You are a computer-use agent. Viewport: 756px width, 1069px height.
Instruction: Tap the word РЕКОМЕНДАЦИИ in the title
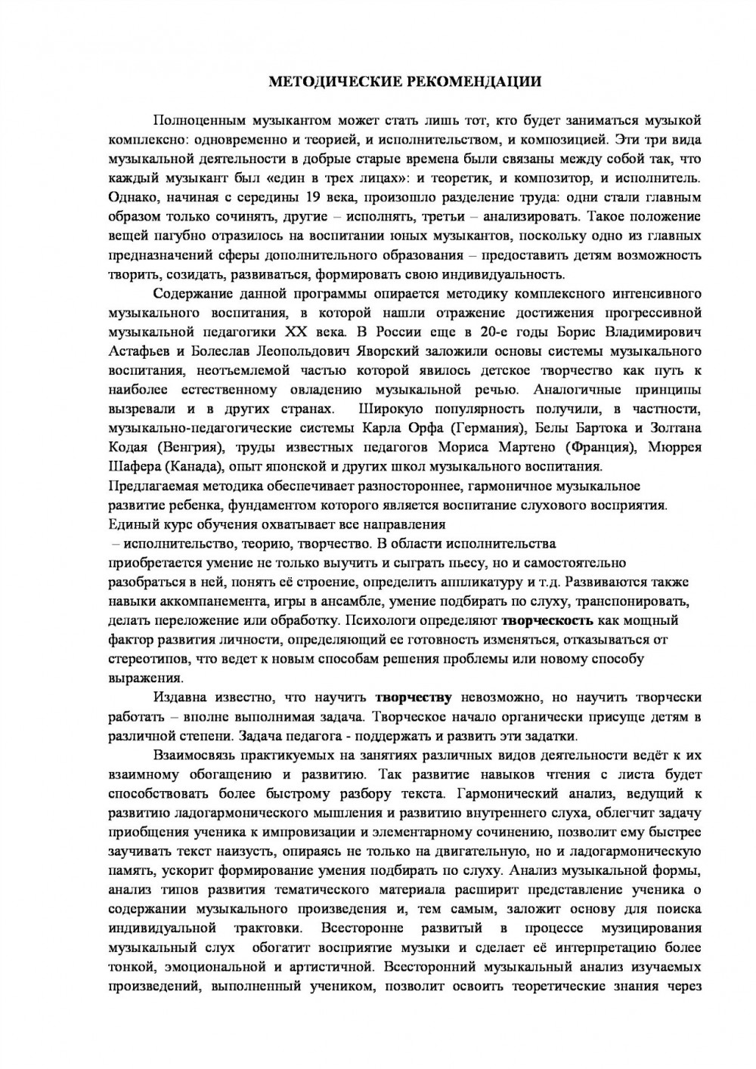[463, 81]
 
